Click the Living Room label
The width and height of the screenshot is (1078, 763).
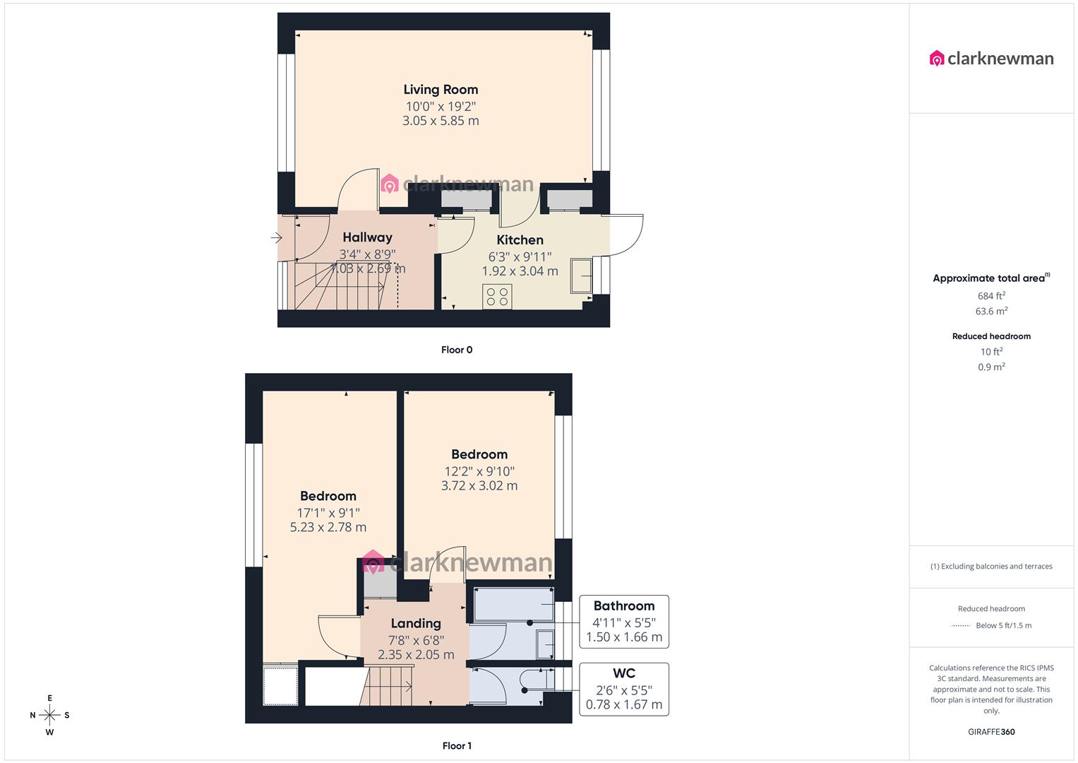point(441,90)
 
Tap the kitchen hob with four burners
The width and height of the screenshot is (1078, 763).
point(497,296)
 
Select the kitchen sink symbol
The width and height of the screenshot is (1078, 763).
point(582,275)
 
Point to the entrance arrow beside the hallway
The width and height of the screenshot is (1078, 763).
point(276,238)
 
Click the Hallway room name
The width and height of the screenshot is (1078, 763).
point(367,237)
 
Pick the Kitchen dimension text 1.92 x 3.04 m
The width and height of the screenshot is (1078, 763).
point(520,271)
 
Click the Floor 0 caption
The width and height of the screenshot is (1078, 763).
point(457,350)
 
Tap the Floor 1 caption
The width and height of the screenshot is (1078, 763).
point(457,745)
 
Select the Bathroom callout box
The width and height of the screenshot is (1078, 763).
point(623,622)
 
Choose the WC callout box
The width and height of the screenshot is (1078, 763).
point(623,689)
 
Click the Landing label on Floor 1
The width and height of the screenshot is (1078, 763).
point(416,623)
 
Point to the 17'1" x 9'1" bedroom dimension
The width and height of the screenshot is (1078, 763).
point(328,512)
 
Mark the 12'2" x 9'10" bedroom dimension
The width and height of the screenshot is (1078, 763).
point(479,471)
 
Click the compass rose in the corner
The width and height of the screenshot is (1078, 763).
point(49,715)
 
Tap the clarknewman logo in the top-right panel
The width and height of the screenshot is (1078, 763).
point(992,59)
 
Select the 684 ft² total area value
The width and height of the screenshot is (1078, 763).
point(991,296)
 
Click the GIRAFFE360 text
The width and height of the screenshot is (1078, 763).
point(991,732)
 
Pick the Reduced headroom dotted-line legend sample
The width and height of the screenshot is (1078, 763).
point(961,626)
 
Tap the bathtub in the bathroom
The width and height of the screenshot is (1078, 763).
point(513,605)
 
